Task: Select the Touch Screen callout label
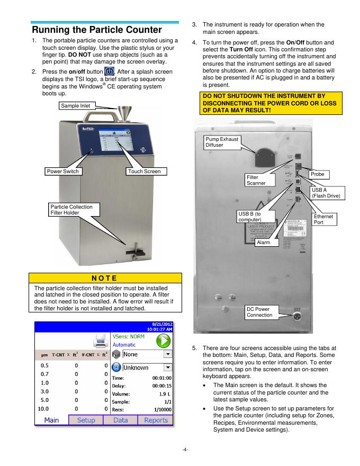(143, 172)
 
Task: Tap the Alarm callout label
(263, 242)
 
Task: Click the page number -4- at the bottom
(180, 451)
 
